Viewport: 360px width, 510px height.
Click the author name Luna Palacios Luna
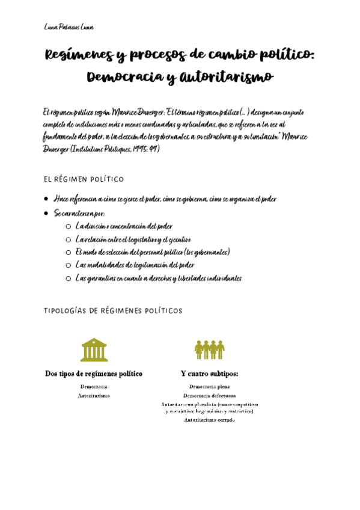pos(69,28)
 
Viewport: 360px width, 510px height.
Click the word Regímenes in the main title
pos(78,56)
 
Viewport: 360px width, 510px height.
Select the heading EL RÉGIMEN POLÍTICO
pos(84,179)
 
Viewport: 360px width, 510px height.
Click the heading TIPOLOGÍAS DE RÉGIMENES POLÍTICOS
pos(113,311)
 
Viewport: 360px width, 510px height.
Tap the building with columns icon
pos(94,349)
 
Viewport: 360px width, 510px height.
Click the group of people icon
pos(209,349)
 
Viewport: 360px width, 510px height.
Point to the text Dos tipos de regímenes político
pos(94,374)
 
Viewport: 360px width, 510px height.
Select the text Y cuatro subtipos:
pos(209,374)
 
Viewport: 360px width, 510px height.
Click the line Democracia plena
pos(209,387)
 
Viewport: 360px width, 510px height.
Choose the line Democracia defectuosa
pos(209,396)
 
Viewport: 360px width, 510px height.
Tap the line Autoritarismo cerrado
pos(209,420)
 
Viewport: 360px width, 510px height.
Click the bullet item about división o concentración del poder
pos(124,226)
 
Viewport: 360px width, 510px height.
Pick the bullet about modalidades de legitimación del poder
pos(135,265)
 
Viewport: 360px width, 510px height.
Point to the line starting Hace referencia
pos(165,199)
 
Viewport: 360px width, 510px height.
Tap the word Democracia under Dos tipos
pos(94,387)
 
